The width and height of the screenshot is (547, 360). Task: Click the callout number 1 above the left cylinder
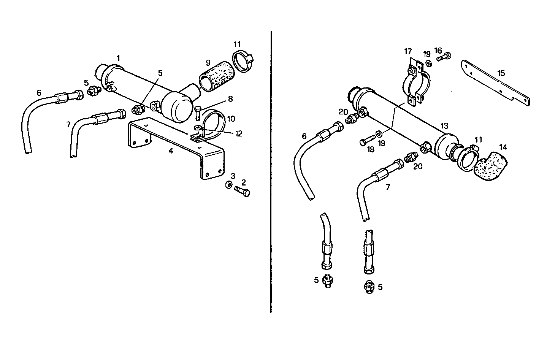click(119, 58)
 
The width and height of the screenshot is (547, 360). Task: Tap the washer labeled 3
click(229, 185)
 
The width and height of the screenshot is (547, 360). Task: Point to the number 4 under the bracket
click(171, 151)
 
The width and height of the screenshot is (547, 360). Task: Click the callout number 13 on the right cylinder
click(444, 125)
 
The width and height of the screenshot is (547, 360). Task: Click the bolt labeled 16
click(443, 57)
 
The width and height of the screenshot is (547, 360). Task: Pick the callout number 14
click(503, 147)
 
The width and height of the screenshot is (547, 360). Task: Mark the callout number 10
click(231, 119)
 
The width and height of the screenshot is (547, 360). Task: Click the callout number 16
click(438, 50)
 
